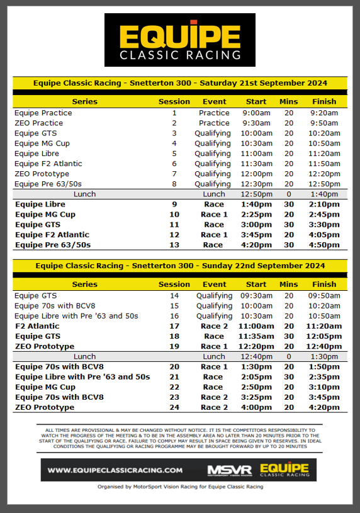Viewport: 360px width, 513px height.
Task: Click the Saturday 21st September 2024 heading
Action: (x=180, y=82)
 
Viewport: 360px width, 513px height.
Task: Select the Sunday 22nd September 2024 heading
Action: (x=180, y=266)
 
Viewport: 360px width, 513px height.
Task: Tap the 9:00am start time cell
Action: (x=256, y=113)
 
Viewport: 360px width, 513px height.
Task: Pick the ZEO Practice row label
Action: (x=38, y=123)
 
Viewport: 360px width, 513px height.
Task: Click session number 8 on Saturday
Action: (x=174, y=184)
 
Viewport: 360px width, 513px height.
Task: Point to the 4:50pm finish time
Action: (x=324, y=245)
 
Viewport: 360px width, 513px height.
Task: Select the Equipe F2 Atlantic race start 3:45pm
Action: (x=256, y=235)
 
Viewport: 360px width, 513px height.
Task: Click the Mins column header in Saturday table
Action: (x=289, y=101)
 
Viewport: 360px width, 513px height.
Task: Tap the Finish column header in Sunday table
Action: (x=324, y=285)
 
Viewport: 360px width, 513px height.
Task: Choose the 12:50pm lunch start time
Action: (x=256, y=194)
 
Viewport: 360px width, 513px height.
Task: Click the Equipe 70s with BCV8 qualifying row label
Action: (x=54, y=306)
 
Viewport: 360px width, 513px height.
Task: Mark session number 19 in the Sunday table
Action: (x=174, y=346)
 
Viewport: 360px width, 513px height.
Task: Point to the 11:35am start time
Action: (x=256, y=336)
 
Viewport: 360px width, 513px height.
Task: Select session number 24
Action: (x=174, y=407)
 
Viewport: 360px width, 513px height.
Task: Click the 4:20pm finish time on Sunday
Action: (x=324, y=407)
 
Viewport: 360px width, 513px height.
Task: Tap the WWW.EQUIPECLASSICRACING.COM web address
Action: (x=115, y=470)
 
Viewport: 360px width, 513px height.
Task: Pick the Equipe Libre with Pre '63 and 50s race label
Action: (x=82, y=377)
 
